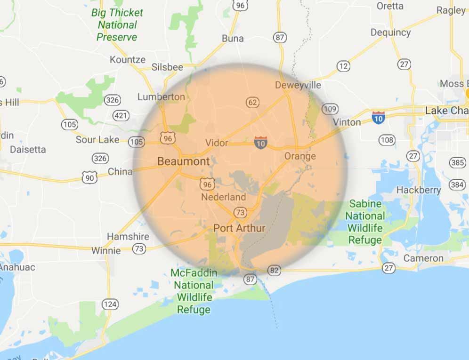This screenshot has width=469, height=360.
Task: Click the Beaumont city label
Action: point(183,161)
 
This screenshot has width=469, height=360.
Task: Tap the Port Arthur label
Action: point(239,228)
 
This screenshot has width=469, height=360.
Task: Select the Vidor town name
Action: point(217,143)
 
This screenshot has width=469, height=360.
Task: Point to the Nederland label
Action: point(224,197)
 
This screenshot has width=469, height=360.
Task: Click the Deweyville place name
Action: point(298,85)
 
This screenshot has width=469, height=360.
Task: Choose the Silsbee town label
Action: point(167,67)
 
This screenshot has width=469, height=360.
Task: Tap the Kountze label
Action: point(128,60)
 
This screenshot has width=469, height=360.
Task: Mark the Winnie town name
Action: point(106,250)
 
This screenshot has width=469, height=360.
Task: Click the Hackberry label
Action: point(419,190)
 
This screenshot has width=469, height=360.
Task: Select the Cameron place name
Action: point(423,258)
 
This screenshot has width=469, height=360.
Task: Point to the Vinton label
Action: point(347,122)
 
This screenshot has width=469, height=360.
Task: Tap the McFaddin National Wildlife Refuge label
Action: point(194,291)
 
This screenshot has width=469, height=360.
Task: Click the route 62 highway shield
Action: point(252,102)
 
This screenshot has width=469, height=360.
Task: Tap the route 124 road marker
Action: point(110,304)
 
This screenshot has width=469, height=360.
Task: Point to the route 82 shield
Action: point(275,270)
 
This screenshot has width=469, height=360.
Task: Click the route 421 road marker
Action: point(121,115)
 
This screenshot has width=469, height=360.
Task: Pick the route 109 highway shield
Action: point(330,109)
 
